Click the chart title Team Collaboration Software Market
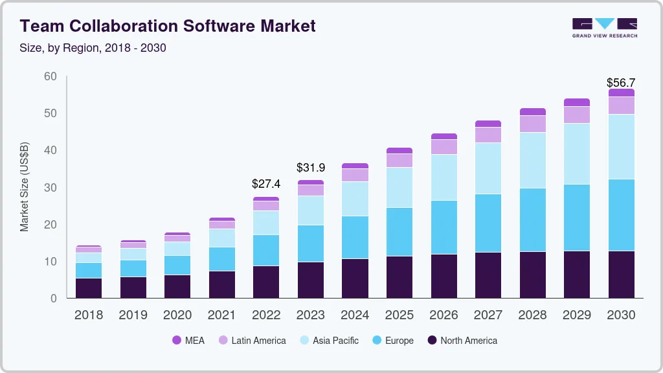(x=168, y=26)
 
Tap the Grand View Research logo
(x=604, y=28)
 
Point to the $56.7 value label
(x=620, y=83)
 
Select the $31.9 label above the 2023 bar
(x=311, y=168)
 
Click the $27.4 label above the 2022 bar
(x=266, y=184)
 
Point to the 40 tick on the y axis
(x=50, y=150)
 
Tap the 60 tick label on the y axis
(x=50, y=76)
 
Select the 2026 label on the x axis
(x=444, y=315)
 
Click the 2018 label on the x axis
(x=89, y=315)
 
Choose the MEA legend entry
(x=188, y=341)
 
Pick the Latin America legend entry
(x=252, y=341)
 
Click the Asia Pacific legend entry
(x=328, y=341)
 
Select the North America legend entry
(x=462, y=341)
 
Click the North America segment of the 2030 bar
(x=621, y=275)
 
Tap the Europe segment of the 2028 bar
(x=532, y=220)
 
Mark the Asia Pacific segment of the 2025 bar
(x=399, y=188)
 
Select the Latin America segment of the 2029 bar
(x=576, y=115)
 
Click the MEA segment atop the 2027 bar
(x=488, y=124)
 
